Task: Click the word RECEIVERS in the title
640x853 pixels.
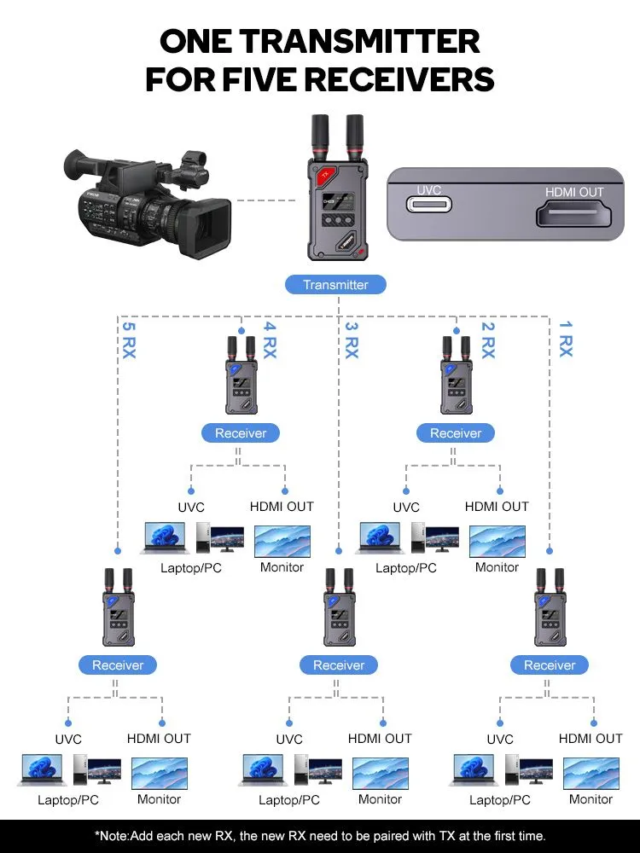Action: click(399, 79)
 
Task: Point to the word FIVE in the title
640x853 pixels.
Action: click(257, 79)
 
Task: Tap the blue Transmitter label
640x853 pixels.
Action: click(335, 285)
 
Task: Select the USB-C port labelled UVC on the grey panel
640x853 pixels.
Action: click(428, 206)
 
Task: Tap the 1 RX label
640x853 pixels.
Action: click(565, 339)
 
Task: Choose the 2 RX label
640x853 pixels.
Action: click(487, 339)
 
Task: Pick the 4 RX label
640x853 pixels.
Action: click(270, 339)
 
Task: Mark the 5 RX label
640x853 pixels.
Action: click(128, 339)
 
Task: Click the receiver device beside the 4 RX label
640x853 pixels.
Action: click(241, 380)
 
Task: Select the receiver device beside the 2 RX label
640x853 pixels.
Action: click(456, 380)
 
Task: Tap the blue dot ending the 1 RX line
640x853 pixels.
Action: click(550, 548)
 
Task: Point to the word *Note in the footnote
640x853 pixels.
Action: click(113, 836)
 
